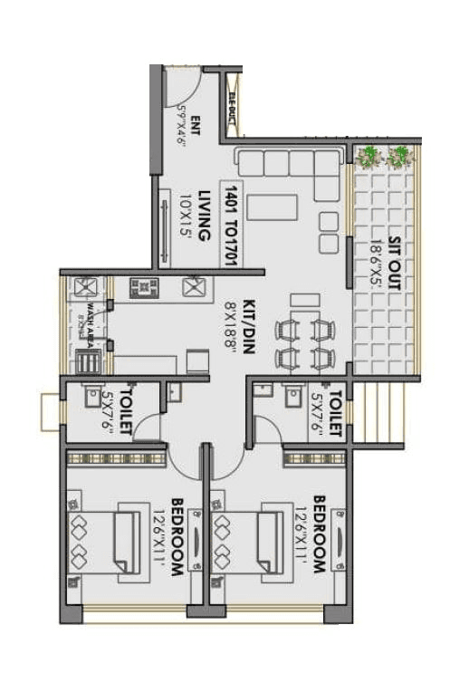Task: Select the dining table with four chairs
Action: pos(306,341)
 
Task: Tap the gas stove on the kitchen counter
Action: pos(144,287)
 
